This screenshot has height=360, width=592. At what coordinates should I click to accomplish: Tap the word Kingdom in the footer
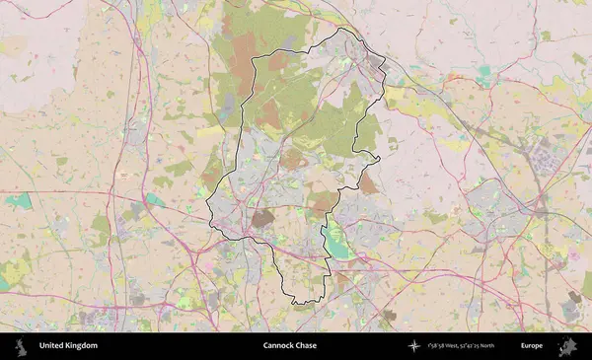(x=83, y=346)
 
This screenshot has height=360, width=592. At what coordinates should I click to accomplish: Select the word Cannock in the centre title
(x=279, y=346)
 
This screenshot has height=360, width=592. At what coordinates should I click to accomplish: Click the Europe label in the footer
(x=532, y=346)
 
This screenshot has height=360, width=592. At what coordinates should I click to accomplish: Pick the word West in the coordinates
(x=450, y=346)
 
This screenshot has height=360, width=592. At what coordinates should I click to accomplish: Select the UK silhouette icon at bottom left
(x=21, y=346)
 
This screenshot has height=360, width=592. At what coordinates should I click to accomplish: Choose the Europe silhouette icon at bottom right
(x=568, y=346)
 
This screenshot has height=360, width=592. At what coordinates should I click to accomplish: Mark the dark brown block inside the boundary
(x=261, y=218)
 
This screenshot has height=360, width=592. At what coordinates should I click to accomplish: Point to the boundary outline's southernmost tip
(x=297, y=303)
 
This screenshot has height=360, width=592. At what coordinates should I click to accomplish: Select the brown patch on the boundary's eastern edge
(x=367, y=183)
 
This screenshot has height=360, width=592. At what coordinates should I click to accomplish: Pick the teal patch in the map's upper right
(x=483, y=71)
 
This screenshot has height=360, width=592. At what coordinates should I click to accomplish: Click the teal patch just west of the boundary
(x=154, y=200)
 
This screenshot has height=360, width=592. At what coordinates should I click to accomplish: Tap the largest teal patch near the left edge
(x=18, y=201)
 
